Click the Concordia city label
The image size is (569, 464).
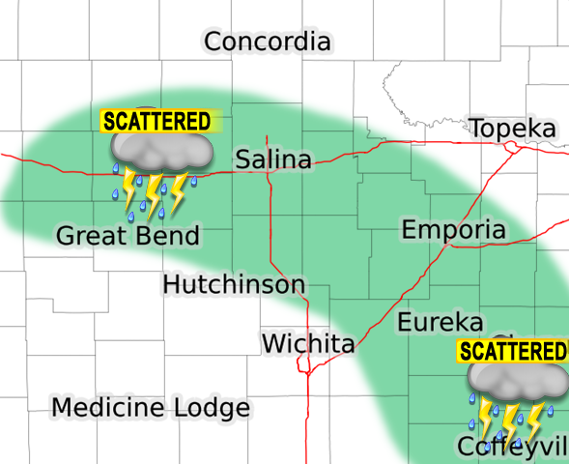coord(268,43)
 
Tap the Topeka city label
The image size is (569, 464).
coord(512,130)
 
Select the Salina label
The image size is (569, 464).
coord(274,159)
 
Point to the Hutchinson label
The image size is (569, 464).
coord(234,285)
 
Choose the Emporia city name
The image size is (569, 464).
coord(453,230)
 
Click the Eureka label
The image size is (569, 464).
coord(440,322)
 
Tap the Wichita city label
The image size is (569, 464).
coord(308,343)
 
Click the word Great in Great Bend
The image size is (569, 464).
coord(90,236)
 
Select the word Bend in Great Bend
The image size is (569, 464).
coord(165,236)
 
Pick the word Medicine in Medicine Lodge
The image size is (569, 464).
coord(108,408)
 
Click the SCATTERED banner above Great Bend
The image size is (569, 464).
coord(157,121)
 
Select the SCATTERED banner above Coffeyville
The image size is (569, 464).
coord(511,351)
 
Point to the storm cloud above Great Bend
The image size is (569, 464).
coord(160,150)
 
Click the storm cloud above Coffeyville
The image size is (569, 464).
coord(516,381)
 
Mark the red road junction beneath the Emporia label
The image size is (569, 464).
coord(447,246)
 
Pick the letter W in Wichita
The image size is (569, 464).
coord(273,343)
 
